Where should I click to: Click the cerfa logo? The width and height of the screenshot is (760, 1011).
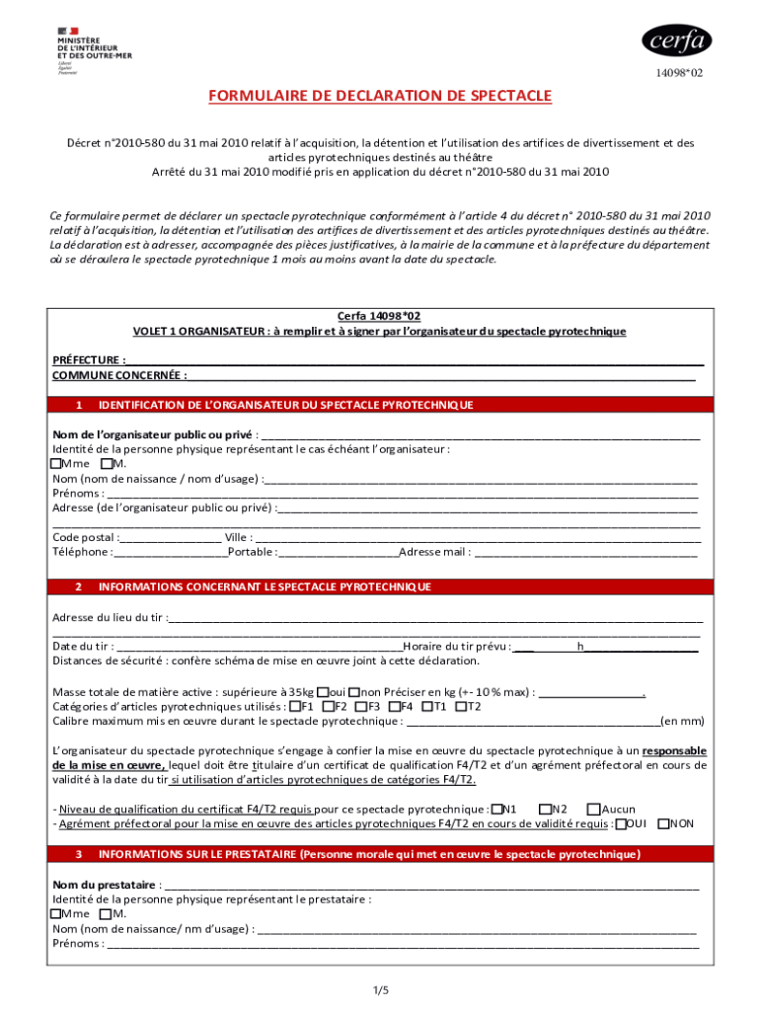(x=676, y=40)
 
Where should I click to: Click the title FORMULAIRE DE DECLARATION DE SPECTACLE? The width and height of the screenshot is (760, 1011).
(x=379, y=96)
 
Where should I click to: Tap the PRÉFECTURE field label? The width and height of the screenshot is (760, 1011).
(x=89, y=360)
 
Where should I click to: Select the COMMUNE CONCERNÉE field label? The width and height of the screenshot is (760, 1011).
(x=118, y=375)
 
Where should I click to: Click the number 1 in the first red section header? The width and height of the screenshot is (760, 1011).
(x=78, y=405)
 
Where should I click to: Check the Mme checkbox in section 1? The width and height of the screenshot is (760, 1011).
(x=56, y=463)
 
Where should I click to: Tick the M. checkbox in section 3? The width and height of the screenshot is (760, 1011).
(x=106, y=913)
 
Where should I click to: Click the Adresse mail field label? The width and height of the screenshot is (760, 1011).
(x=434, y=552)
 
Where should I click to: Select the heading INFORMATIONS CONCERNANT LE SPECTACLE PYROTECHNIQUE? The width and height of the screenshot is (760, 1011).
(x=265, y=586)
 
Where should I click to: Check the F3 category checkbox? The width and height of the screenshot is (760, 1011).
(x=360, y=706)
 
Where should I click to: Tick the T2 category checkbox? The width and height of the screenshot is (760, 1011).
(x=460, y=706)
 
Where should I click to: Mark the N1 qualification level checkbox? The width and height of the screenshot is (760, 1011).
(x=496, y=809)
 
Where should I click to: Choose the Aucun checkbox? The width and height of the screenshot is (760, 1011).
(x=593, y=809)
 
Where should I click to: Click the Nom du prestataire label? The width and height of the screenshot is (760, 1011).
(x=105, y=884)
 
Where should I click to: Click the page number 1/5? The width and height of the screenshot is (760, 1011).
(x=381, y=989)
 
